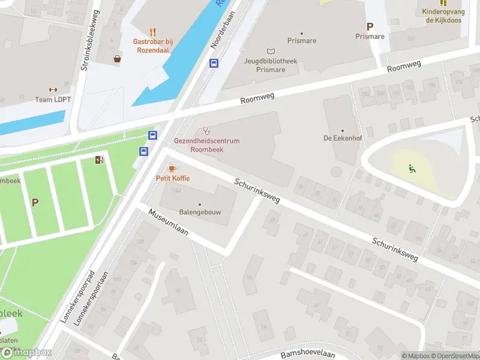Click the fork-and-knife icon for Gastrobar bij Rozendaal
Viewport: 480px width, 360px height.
click(x=153, y=32)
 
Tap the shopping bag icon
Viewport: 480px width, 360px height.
click(x=118, y=59)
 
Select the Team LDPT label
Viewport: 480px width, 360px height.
click(x=52, y=100)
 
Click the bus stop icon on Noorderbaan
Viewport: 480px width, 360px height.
click(x=214, y=63)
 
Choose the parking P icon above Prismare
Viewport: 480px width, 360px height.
click(x=370, y=26)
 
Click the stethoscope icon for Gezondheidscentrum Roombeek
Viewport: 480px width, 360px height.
click(x=207, y=130)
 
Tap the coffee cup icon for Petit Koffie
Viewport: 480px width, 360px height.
click(x=172, y=169)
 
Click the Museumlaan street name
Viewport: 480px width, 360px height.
click(x=169, y=223)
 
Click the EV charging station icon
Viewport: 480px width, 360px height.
click(x=99, y=160)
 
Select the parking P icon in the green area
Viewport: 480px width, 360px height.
click(x=35, y=202)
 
